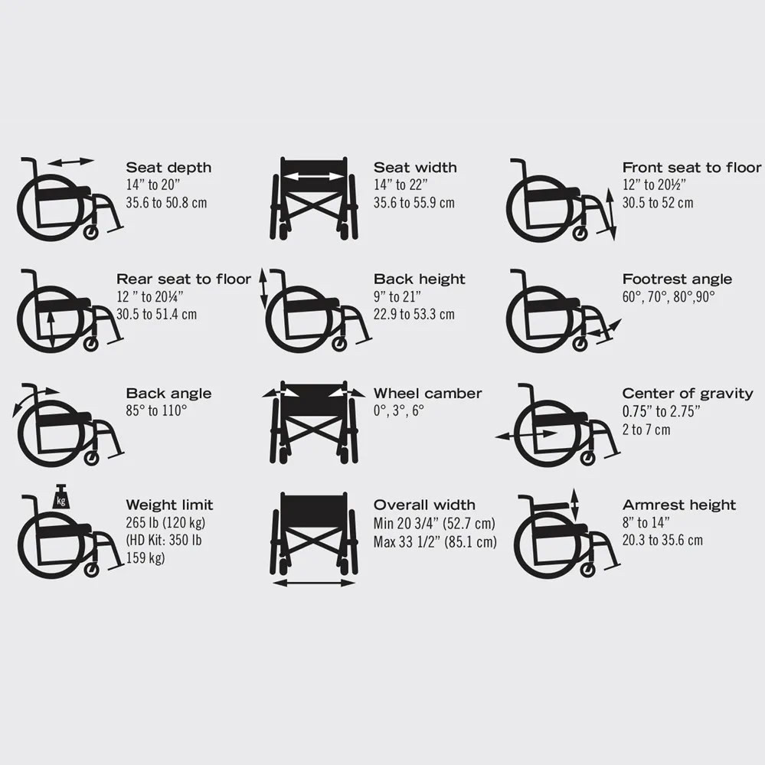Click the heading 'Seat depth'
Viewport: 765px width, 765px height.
click(x=168, y=168)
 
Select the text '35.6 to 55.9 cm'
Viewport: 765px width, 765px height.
click(x=414, y=203)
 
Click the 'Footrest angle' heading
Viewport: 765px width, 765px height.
click(x=677, y=280)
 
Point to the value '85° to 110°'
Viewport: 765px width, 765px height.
click(x=157, y=410)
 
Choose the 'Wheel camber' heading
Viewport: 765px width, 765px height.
click(x=427, y=394)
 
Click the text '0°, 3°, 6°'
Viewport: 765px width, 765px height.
click(x=399, y=410)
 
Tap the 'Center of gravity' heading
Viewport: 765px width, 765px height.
click(x=687, y=394)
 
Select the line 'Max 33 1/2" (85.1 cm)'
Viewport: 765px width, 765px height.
click(x=434, y=542)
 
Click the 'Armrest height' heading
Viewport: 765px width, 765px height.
click(x=678, y=505)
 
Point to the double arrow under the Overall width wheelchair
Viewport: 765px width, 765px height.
click(x=313, y=584)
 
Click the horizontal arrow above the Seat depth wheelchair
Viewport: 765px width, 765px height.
click(x=70, y=162)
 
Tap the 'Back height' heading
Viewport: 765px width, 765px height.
click(x=419, y=280)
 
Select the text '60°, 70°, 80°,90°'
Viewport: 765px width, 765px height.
click(x=668, y=296)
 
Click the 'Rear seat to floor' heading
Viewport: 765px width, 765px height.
click(x=183, y=280)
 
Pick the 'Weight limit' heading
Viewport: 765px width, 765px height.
click(x=169, y=505)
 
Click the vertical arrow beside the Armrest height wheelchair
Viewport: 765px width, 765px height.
click(x=574, y=505)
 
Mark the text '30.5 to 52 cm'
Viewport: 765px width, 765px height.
click(x=657, y=203)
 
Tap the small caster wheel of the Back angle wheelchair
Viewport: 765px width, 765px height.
click(x=91, y=459)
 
